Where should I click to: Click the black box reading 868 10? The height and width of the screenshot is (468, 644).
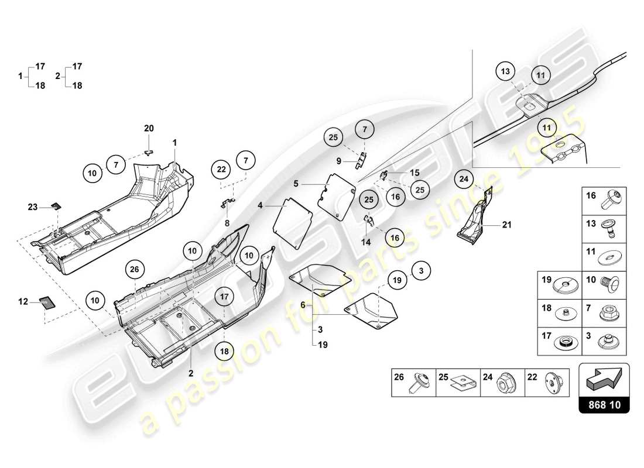tap(604, 404)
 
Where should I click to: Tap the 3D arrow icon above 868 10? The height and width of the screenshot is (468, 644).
tap(604, 380)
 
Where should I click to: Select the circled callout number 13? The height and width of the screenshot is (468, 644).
tap(505, 72)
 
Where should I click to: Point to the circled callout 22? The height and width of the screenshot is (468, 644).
tap(221, 170)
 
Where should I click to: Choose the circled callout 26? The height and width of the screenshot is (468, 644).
tap(135, 269)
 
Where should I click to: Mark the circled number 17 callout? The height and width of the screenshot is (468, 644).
tap(224, 297)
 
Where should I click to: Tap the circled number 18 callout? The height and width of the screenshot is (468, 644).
tap(224, 351)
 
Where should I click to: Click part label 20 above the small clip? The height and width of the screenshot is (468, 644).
tap(149, 128)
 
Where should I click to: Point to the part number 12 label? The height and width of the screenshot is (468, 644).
tap(23, 301)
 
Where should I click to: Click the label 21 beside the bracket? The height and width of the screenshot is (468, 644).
tap(507, 224)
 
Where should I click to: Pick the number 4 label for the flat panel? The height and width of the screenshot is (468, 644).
tap(260, 205)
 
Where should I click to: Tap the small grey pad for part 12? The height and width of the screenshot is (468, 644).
tap(46, 302)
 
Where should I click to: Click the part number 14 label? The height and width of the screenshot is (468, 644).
tap(366, 241)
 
